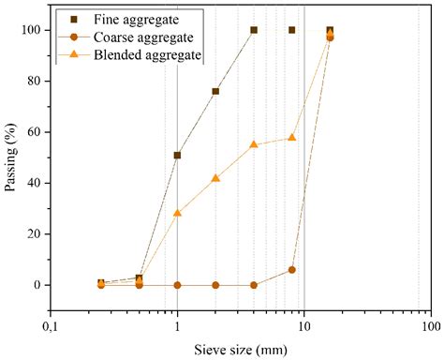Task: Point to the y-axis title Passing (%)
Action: [11, 157]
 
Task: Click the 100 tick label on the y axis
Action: [32, 30]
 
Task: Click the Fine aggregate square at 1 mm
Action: [177, 155]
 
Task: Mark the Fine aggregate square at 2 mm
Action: [215, 91]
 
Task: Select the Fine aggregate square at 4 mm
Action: [254, 30]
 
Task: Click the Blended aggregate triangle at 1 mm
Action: [177, 213]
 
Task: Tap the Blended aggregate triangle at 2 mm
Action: [215, 177]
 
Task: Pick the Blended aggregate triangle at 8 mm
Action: [292, 137]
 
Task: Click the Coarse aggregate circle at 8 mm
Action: [292, 270]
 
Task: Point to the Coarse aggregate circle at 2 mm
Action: [215, 285]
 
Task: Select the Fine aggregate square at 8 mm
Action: [292, 30]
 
